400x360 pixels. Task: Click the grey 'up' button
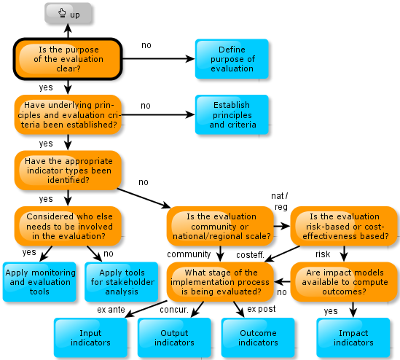click(x=68, y=13)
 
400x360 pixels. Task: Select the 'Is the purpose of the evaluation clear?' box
click(x=68, y=59)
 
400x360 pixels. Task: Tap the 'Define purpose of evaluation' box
click(x=232, y=59)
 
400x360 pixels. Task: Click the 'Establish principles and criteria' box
click(x=232, y=114)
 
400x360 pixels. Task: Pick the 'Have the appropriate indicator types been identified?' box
click(x=68, y=171)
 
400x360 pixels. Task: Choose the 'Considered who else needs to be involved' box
click(x=68, y=226)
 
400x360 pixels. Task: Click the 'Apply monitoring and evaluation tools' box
click(x=39, y=282)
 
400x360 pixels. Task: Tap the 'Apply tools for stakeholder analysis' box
click(x=122, y=282)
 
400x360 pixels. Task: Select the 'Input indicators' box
click(x=90, y=337)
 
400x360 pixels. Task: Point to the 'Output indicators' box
click(x=174, y=337)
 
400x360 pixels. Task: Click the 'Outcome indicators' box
click(x=258, y=337)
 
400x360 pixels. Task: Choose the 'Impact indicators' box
click(x=353, y=337)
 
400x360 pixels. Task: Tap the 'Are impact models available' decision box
click(x=344, y=282)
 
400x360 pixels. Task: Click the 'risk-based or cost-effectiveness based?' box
click(x=344, y=226)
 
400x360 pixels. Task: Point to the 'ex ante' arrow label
click(x=111, y=310)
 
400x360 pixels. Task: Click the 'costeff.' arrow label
click(x=250, y=255)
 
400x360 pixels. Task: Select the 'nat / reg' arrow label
click(x=280, y=201)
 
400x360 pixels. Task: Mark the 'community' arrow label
click(x=189, y=254)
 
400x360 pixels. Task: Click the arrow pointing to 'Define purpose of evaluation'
click(x=159, y=59)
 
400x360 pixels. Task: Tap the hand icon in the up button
click(x=62, y=12)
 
